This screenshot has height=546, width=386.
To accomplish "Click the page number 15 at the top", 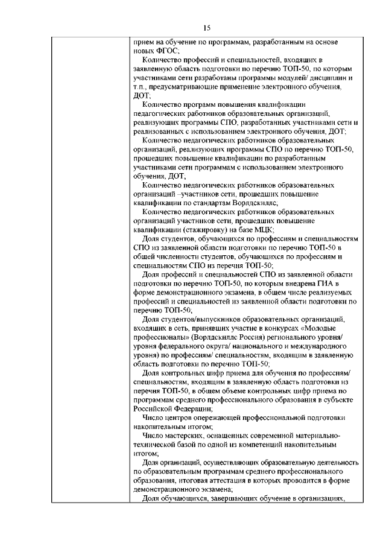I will coord(206,28).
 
